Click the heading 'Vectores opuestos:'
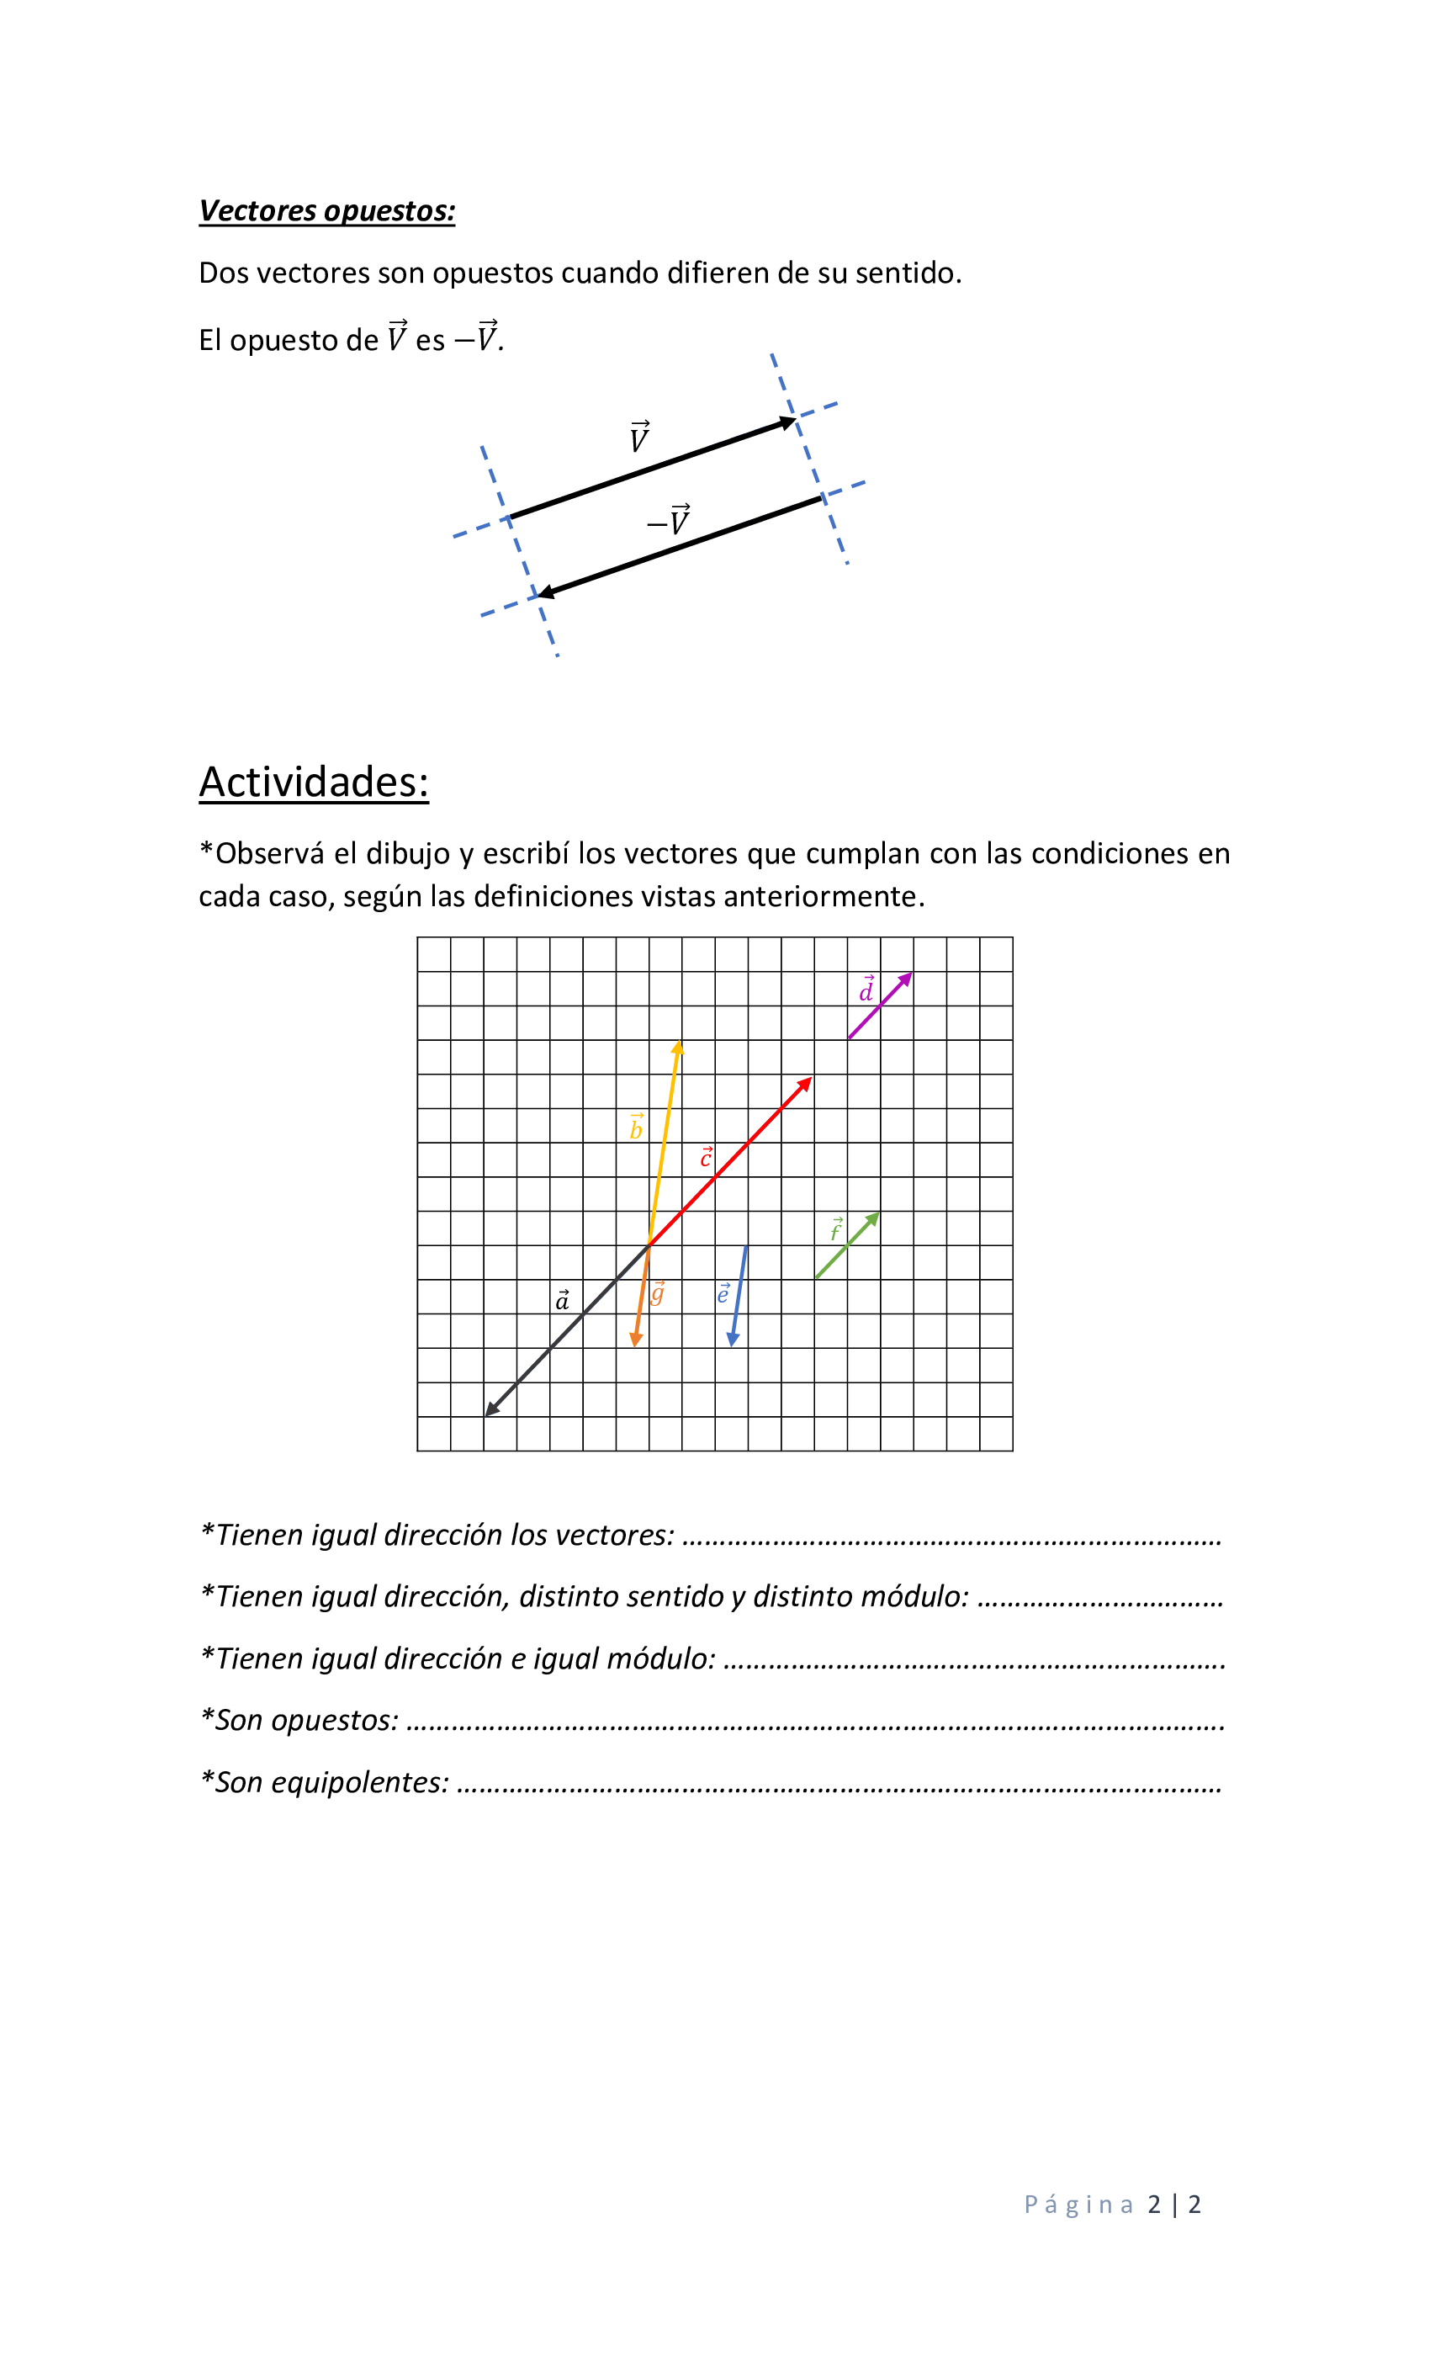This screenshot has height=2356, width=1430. click(327, 210)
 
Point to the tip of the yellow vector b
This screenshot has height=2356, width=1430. click(677, 1046)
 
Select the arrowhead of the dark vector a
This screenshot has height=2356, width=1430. click(490, 1410)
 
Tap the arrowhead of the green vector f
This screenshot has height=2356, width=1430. click(874, 1218)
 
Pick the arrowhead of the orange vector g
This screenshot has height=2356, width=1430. click(636, 1340)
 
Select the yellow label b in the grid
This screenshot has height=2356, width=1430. click(636, 1128)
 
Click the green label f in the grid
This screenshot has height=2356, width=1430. click(836, 1229)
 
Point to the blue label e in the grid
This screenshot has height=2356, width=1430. click(723, 1294)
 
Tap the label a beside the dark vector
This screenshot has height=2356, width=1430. click(562, 1299)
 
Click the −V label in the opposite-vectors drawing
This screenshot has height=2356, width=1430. click(669, 520)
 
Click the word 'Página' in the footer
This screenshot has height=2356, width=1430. click(1078, 2205)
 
